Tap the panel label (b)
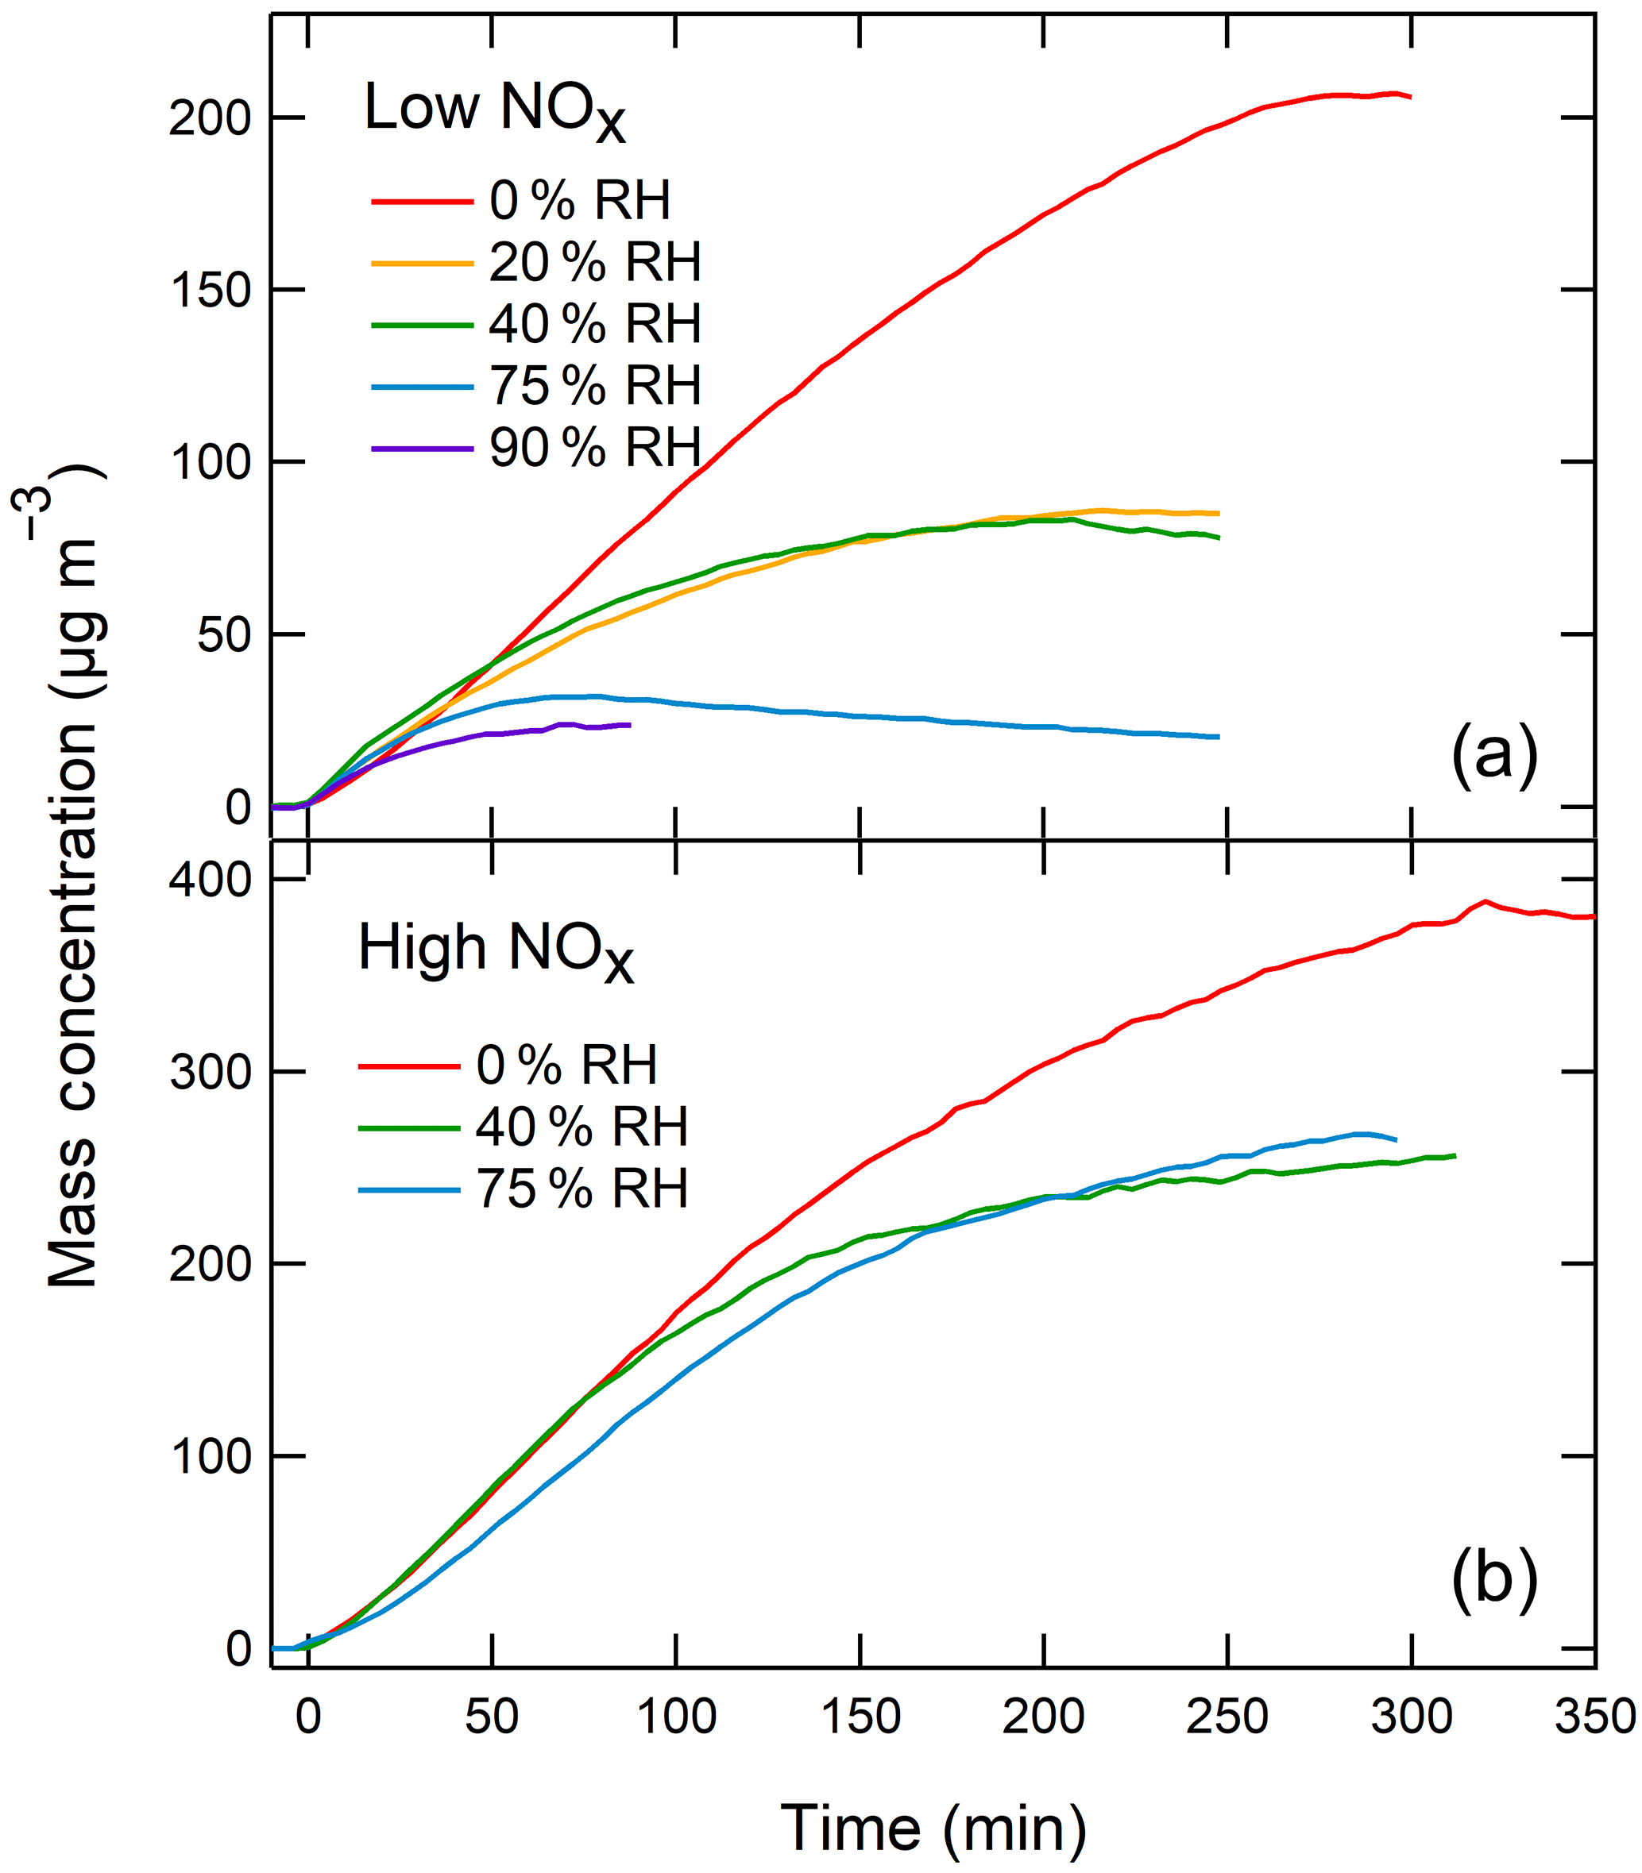tap(1493, 1577)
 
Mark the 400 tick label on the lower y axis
tap(210, 881)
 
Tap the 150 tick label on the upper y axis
tap(210, 291)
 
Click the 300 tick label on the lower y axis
tap(210, 1072)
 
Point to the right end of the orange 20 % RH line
tap(1219, 513)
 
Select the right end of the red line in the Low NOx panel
tap(1410, 97)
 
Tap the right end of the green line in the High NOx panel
tap(1455, 1156)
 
